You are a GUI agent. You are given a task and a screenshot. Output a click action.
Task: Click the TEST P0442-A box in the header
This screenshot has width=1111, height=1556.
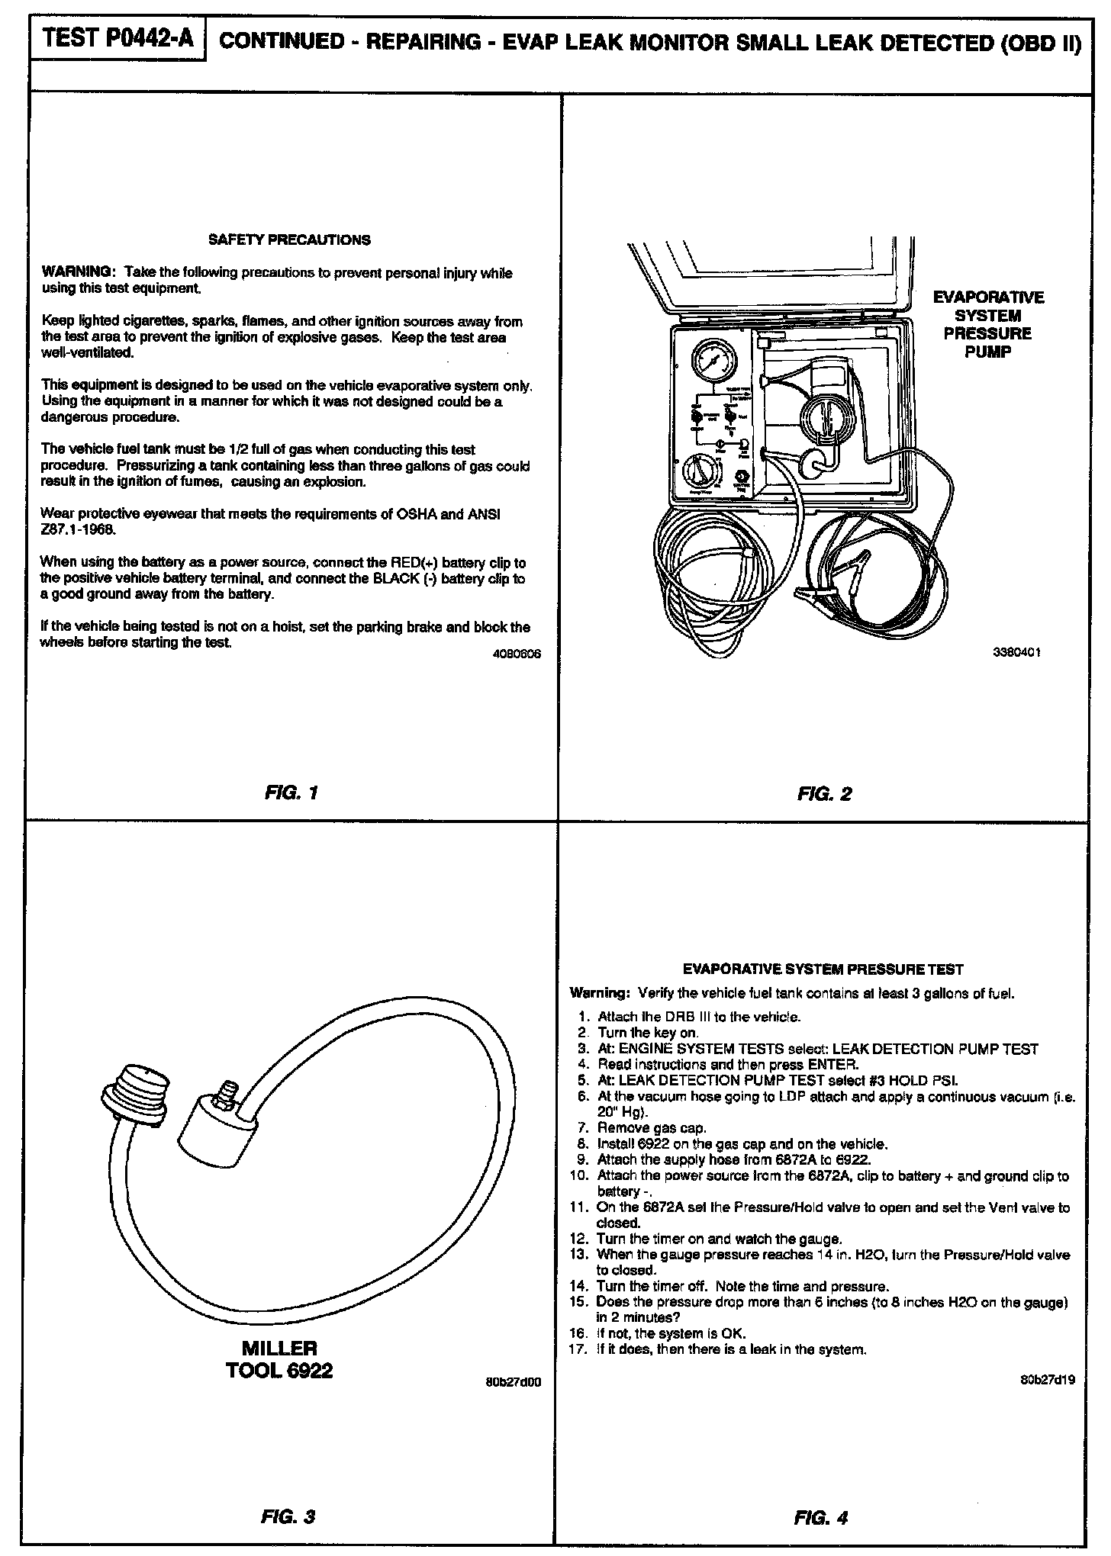[118, 38]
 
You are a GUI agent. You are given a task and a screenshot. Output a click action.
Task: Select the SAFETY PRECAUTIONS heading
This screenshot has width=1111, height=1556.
[289, 240]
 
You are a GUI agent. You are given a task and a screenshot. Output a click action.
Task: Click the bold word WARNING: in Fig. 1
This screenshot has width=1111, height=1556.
[78, 272]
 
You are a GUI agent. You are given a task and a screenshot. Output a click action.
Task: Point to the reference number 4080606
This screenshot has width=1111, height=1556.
[517, 654]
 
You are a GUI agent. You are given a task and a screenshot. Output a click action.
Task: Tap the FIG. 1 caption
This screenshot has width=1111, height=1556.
[291, 792]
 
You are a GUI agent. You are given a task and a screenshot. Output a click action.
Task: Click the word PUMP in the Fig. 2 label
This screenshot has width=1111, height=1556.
[988, 352]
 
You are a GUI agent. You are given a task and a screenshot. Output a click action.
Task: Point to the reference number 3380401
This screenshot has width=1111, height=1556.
[1017, 652]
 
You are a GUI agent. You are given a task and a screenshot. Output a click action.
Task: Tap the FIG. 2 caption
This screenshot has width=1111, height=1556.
[824, 794]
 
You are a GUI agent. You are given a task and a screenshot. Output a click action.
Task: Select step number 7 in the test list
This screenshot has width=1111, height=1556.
[585, 1127]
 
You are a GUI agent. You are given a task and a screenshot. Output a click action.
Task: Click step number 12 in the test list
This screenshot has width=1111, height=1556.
[581, 1239]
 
